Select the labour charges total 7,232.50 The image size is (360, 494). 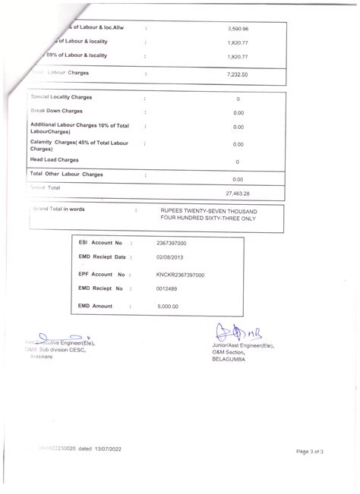pyautogui.click(x=238, y=75)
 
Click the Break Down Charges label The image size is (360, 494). pyautogui.click(x=56, y=111)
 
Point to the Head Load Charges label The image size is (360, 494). pyautogui.click(x=54, y=160)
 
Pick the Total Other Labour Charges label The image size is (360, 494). pyautogui.click(x=66, y=175)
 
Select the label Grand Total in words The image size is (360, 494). pyautogui.click(x=59, y=208)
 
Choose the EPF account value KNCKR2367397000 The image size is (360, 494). pyautogui.click(x=179, y=274)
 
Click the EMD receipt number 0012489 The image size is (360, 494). pyautogui.click(x=166, y=289)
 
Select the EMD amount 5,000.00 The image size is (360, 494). pyautogui.click(x=167, y=307)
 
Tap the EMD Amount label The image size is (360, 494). pyautogui.click(x=96, y=306)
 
